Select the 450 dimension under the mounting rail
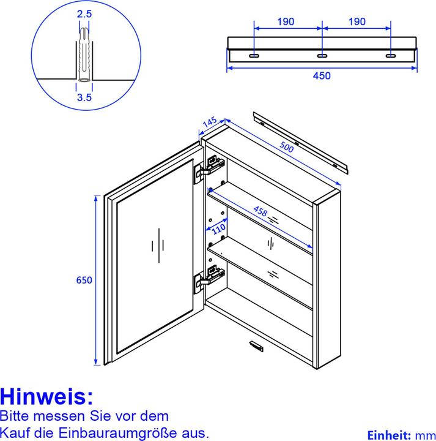322,76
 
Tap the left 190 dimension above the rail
285,21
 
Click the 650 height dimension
84,280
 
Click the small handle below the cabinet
255,347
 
